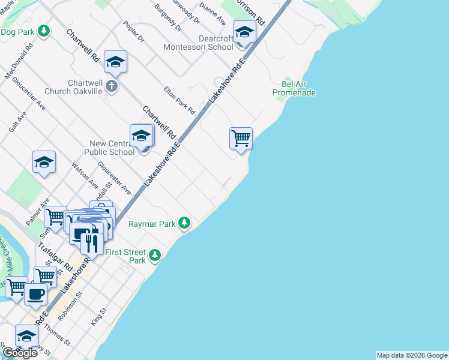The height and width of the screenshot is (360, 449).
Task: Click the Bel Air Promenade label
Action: pos(294,88)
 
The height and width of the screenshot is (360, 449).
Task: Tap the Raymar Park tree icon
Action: pos(185,224)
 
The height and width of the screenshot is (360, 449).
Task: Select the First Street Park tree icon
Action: pos(155,256)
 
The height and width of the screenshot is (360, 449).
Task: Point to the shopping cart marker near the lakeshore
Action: pos(241,138)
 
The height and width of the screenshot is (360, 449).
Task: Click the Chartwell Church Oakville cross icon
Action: pos(111,87)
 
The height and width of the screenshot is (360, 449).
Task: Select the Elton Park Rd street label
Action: pos(179,101)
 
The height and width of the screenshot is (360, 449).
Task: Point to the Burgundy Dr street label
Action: pos(167,19)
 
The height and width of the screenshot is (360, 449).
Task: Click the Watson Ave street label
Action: pos(84,175)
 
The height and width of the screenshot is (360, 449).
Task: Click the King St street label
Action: pos(98,316)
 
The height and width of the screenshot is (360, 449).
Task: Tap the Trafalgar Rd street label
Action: pos(56,256)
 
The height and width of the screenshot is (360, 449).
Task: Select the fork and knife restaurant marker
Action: pos(92,243)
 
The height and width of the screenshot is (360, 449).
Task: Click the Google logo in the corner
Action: pos(19,353)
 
